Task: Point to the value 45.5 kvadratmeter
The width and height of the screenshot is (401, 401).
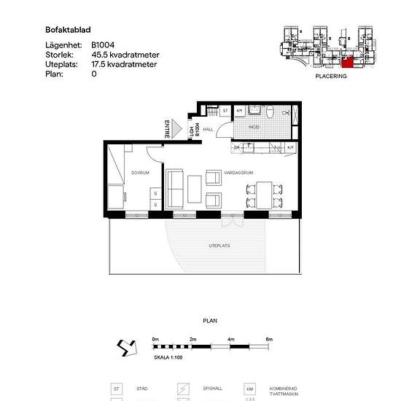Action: pos(125,55)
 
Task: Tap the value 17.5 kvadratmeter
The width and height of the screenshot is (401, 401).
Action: pos(125,64)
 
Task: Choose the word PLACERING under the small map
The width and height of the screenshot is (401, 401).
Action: pos(330,76)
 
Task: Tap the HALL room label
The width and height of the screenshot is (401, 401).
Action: pos(207,128)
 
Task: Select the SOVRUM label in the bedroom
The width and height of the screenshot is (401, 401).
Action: pos(140,173)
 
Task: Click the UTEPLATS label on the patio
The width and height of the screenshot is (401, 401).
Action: pos(219,246)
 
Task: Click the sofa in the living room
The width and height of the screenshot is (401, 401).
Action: pos(175,188)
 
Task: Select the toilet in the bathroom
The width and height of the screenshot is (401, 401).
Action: pos(269,112)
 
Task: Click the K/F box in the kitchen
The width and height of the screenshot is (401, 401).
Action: pos(289,148)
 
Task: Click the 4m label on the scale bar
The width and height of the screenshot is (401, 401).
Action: pos(230,339)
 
